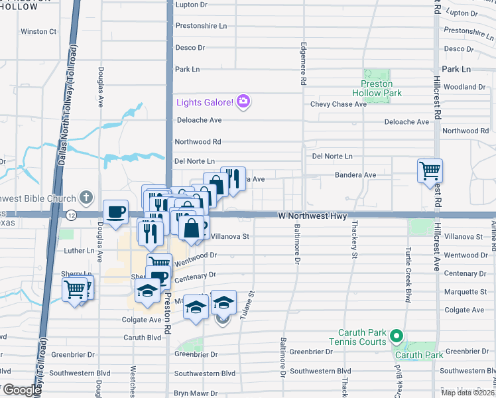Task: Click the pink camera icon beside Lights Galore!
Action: coord(243,101)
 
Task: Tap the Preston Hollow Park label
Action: coord(377,88)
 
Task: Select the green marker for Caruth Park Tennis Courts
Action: coord(397,336)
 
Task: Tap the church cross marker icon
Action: coord(86,197)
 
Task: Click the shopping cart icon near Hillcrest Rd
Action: coord(430,170)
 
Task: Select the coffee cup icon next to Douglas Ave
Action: coord(115,212)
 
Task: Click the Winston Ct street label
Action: coord(38,31)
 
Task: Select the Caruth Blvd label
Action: coord(143,337)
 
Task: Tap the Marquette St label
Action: coord(465,291)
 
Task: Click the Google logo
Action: coord(21,390)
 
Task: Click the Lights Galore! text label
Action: coord(205,102)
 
